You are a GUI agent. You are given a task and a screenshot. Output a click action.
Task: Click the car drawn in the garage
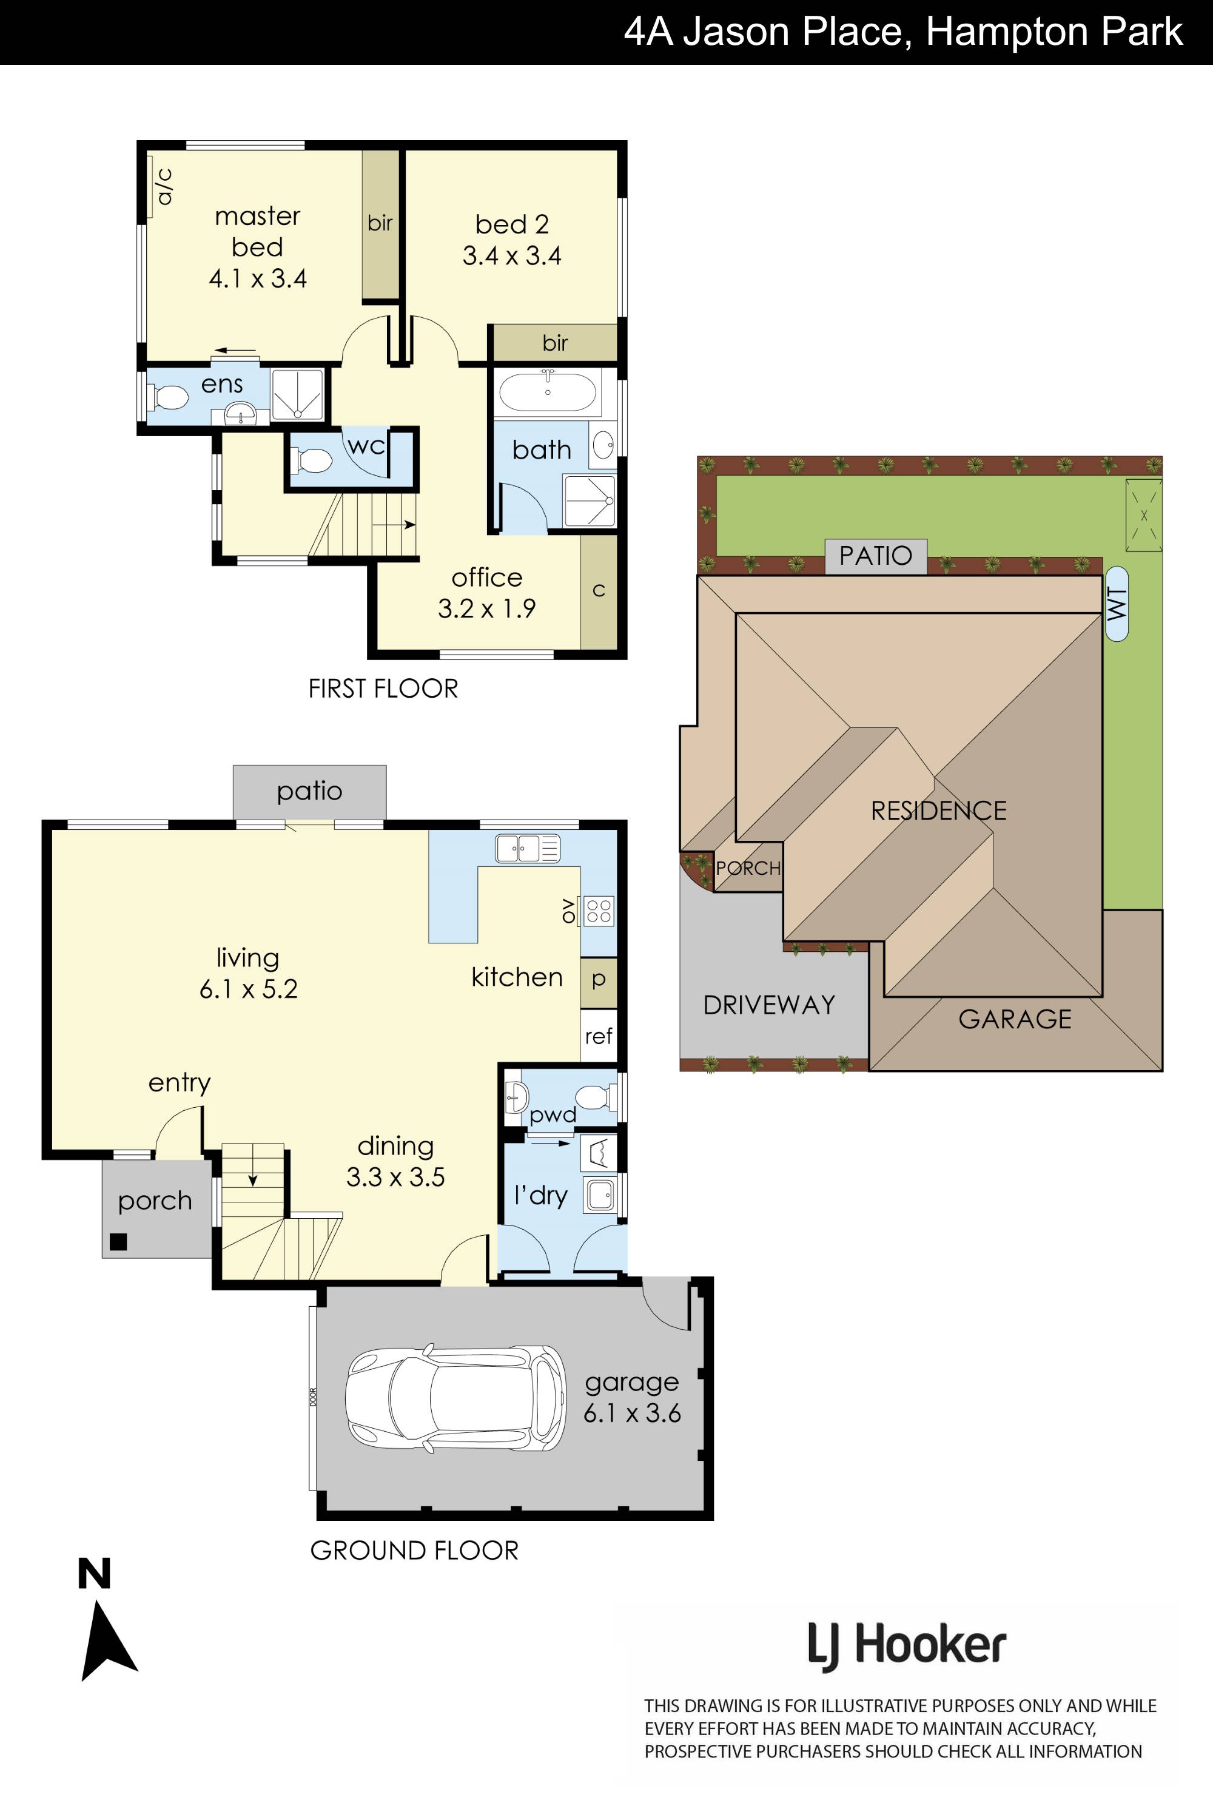[x=455, y=1398]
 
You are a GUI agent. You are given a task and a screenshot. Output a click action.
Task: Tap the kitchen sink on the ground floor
[x=528, y=849]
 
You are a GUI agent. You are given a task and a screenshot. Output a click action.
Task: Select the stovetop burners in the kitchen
[x=599, y=910]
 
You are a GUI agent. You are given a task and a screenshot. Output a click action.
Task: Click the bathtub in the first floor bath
[x=548, y=393]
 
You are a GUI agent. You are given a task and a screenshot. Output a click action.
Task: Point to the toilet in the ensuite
[x=169, y=399]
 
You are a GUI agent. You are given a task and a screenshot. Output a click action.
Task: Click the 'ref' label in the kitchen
[x=598, y=1036]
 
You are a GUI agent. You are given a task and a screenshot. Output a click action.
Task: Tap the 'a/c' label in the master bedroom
[x=164, y=186]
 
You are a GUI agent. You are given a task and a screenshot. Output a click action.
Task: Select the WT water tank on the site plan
[x=1117, y=604]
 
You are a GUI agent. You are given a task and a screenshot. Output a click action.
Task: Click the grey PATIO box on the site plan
[x=876, y=556]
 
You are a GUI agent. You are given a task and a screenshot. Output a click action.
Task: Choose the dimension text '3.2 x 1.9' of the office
[x=486, y=608]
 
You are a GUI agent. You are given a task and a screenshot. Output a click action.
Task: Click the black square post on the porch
[x=118, y=1241]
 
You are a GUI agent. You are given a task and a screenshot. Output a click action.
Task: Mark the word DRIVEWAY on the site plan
[x=769, y=1005]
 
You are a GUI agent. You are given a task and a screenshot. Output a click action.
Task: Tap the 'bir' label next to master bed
[x=380, y=223]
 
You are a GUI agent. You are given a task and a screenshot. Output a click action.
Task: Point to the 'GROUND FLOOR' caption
[x=414, y=1551]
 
